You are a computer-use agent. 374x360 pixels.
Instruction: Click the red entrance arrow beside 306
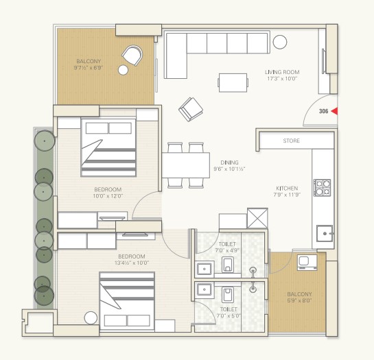(x=335, y=111)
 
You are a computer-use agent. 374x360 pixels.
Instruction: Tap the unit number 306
(x=324, y=111)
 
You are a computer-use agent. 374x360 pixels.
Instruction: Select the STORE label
(x=292, y=141)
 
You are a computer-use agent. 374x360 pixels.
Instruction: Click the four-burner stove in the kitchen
(x=323, y=188)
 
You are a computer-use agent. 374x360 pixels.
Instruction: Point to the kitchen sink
(x=325, y=233)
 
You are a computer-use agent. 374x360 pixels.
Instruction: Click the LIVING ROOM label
(x=282, y=72)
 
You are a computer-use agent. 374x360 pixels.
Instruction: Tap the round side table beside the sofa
(x=280, y=42)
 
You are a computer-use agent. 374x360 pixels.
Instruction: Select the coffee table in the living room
(x=233, y=82)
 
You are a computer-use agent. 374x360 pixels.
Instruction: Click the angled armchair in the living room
(x=191, y=109)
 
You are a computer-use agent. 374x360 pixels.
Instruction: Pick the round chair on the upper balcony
(x=132, y=56)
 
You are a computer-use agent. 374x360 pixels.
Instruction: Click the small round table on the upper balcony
(x=123, y=70)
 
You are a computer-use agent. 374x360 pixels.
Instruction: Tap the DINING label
(x=229, y=163)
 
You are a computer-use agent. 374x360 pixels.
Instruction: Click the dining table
(x=186, y=165)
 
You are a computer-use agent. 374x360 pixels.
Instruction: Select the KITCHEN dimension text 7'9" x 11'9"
(x=287, y=195)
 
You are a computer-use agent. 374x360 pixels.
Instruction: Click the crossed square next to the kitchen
(x=257, y=218)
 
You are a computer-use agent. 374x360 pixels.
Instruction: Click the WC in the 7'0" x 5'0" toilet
(x=228, y=295)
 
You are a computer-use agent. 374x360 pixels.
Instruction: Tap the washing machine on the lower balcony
(x=307, y=262)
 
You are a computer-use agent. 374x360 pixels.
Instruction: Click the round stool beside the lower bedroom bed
(x=91, y=317)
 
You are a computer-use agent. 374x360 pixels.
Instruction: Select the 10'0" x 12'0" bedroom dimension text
(x=108, y=196)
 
